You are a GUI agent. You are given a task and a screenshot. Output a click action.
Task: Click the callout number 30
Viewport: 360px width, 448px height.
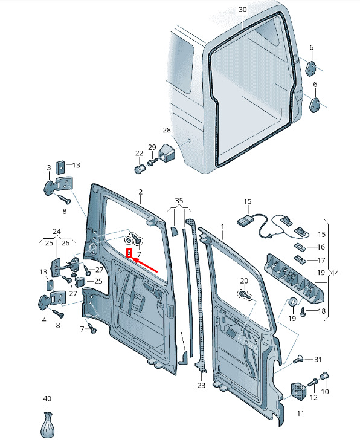[x=242, y=10]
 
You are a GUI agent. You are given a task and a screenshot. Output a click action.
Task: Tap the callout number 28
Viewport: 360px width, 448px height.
[x=167, y=130]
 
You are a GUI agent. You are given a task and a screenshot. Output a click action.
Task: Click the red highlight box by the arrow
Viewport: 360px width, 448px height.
[x=129, y=253]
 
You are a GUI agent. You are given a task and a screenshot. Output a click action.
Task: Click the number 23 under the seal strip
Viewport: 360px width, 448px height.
[x=201, y=386]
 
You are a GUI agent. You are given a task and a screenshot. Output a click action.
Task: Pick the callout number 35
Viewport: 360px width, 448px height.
[x=179, y=201]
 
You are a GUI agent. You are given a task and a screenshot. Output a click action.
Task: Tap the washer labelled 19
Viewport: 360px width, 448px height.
[x=292, y=302]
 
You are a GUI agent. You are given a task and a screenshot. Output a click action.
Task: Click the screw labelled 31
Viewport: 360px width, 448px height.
[x=298, y=360]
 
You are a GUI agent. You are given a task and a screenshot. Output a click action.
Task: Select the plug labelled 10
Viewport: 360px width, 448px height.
[x=324, y=376]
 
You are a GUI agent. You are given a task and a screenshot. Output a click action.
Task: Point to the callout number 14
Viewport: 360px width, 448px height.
[x=335, y=273]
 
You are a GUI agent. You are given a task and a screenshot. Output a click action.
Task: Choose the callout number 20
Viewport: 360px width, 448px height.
[x=244, y=281]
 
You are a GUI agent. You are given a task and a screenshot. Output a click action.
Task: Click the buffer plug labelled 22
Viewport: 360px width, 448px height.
[x=140, y=169]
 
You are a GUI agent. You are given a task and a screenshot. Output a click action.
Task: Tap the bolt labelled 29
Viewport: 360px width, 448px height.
[x=152, y=162]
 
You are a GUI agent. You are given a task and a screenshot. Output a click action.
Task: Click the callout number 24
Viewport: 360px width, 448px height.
[x=57, y=231]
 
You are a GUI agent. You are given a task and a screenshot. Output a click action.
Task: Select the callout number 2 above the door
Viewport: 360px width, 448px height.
[x=141, y=192]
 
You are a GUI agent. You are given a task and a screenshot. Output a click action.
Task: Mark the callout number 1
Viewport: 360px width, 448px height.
[x=223, y=227]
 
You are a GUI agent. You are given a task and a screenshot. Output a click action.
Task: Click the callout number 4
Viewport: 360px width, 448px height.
[x=44, y=319]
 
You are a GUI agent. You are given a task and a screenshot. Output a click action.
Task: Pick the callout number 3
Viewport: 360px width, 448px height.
[x=49, y=167]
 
